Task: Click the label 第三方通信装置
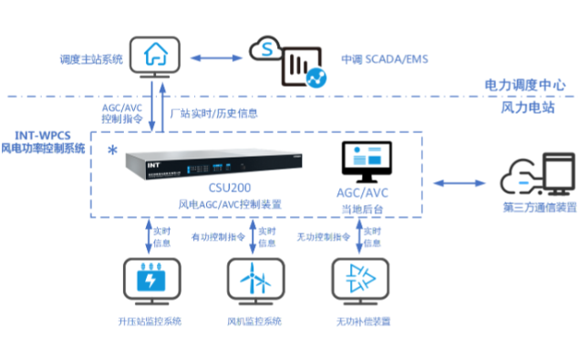click(x=539, y=208)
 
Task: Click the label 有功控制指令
click(x=219, y=237)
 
